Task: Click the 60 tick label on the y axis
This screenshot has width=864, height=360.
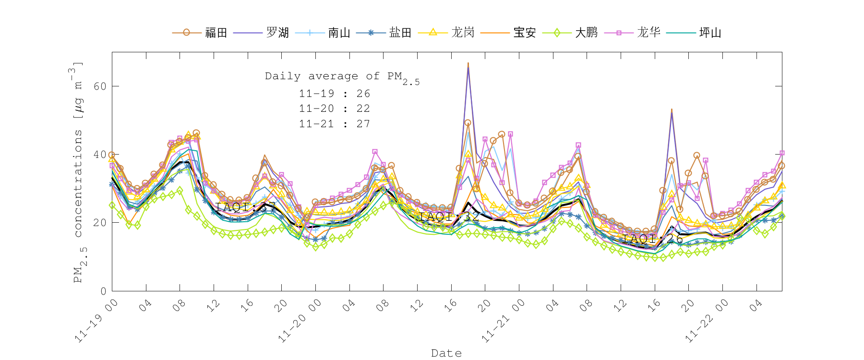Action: click(x=100, y=86)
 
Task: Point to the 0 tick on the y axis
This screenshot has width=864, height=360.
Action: click(x=103, y=291)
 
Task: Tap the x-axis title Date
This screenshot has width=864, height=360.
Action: click(x=446, y=353)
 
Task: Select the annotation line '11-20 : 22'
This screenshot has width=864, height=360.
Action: click(x=335, y=108)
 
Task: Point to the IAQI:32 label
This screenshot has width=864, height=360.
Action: click(x=446, y=216)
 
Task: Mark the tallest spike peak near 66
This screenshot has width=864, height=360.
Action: click(x=468, y=63)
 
